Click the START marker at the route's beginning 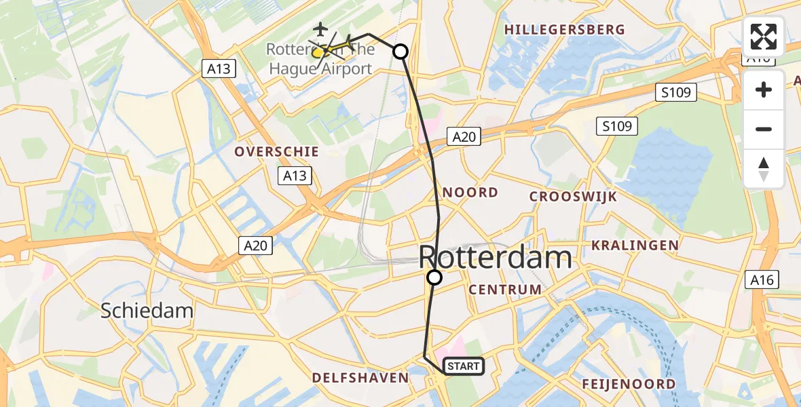(x=464, y=366)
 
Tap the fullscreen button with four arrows (x=764, y=37)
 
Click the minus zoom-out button (x=764, y=130)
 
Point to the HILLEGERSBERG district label (x=565, y=30)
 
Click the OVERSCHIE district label (x=267, y=152)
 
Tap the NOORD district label (x=470, y=193)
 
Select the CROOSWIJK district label (x=573, y=197)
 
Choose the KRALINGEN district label (x=635, y=245)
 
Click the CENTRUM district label (x=504, y=290)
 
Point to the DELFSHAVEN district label (x=360, y=378)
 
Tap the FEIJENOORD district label (x=629, y=384)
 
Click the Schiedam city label (x=147, y=311)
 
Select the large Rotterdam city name (x=496, y=258)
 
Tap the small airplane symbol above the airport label (x=320, y=29)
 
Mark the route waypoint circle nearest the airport (x=400, y=52)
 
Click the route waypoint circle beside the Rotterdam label (x=434, y=277)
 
